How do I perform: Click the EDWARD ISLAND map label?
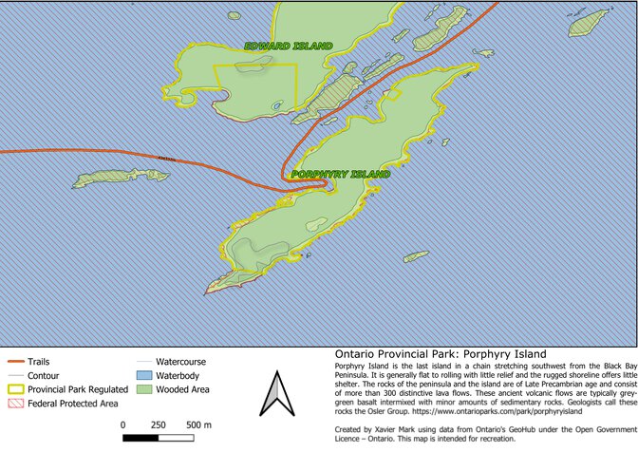point(288,46)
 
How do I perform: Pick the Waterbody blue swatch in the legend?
point(142,376)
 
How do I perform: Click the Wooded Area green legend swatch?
point(142,389)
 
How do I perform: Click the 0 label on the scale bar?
point(122,424)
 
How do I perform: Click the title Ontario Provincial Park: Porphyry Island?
point(428,354)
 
